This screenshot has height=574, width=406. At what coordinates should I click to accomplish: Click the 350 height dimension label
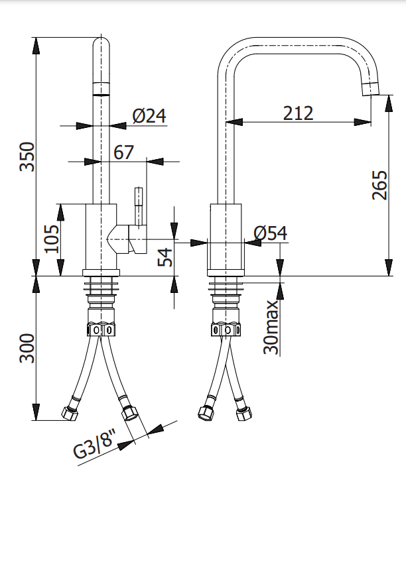[x=27, y=156]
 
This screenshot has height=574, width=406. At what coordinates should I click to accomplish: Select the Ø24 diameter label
[x=149, y=116]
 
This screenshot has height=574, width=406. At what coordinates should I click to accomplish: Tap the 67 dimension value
[x=123, y=152]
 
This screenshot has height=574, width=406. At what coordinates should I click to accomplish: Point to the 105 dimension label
[x=52, y=239]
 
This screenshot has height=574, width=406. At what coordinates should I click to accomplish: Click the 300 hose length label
[x=27, y=348]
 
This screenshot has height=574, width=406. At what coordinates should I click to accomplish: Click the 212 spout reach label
[x=299, y=113]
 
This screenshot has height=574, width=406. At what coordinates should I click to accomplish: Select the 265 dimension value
[x=380, y=185]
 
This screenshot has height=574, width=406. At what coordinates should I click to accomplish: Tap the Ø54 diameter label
[x=271, y=233]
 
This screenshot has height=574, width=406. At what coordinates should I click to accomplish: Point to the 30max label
[x=271, y=327]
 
